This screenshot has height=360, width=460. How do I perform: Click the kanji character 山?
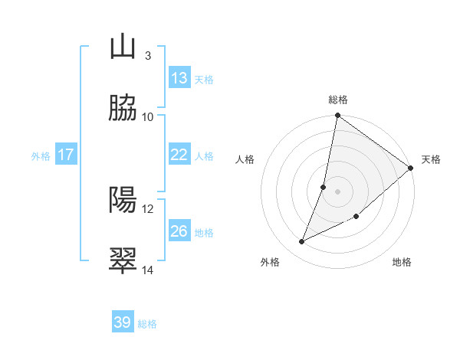pos(123,47)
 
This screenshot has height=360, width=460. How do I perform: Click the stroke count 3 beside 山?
pos(147,56)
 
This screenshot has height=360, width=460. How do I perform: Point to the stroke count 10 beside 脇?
pos(148,117)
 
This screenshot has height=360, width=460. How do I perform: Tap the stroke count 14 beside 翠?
pos(148,270)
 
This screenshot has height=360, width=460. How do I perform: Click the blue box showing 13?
pos(179,78)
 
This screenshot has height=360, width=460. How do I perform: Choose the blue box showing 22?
pos(179,155)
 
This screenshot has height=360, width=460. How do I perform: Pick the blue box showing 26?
pos(179,231)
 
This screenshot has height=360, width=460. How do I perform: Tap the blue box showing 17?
pos(66,155)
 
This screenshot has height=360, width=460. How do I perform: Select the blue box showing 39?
pos(123,323)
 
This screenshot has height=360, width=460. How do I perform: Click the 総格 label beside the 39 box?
pos(147,325)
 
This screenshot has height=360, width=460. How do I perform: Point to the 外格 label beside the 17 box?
pos(41,156)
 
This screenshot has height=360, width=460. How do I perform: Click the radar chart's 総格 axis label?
pos(338,100)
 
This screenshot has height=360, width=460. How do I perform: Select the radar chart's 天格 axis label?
pos(431,159)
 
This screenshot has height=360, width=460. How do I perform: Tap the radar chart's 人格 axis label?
pos(245,159)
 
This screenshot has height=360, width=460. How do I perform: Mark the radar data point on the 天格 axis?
pos(411,168)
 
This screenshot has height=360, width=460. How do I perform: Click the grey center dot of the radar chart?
pos(337,191)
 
